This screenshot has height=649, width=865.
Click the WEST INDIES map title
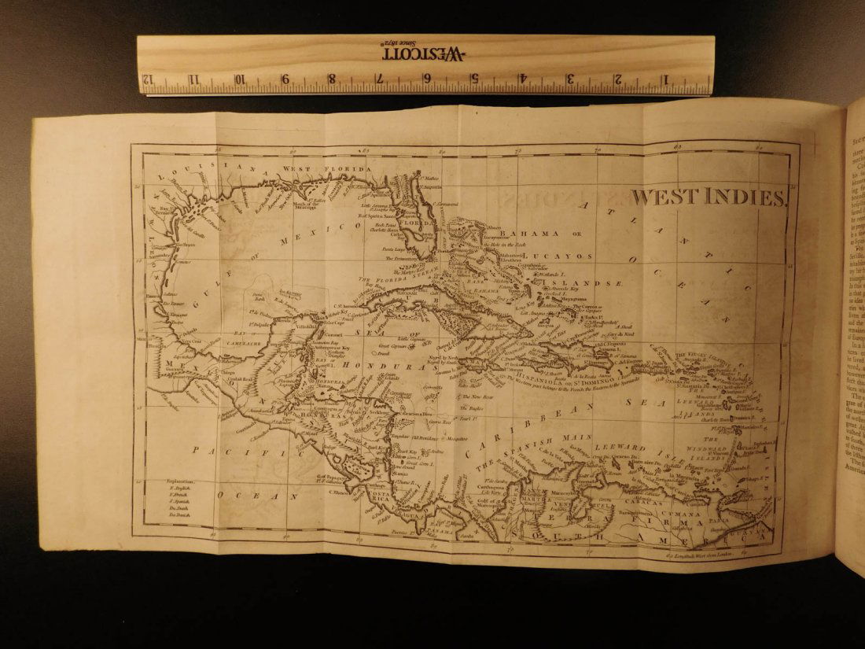click(709, 197)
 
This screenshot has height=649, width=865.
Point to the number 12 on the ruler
click(147, 79)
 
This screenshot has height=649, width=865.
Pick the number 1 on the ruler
click(666, 79)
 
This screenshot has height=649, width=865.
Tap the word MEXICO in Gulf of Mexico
click(337, 227)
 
